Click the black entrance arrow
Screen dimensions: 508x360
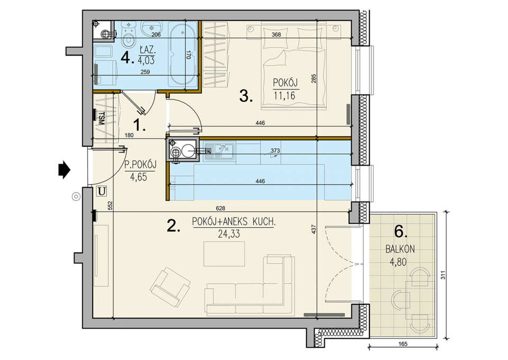(64, 169)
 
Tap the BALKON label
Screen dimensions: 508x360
(400, 249)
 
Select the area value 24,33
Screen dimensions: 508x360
(229, 233)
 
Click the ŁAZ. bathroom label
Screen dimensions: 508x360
(148, 50)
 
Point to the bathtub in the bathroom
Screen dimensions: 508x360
(184, 55)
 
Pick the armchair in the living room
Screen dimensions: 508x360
(170, 287)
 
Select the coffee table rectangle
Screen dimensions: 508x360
(224, 254)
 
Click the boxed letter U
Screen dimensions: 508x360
(102, 192)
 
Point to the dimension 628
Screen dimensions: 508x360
(220, 208)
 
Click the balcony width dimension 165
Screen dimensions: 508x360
(403, 344)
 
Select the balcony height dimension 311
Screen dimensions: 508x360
(443, 275)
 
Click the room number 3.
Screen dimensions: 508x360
(246, 96)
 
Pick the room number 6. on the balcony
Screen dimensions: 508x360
(401, 232)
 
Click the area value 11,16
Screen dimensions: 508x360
(285, 96)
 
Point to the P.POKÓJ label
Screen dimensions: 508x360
(140, 165)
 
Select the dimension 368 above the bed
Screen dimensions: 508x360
(276, 34)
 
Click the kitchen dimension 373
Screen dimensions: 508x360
(275, 151)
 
